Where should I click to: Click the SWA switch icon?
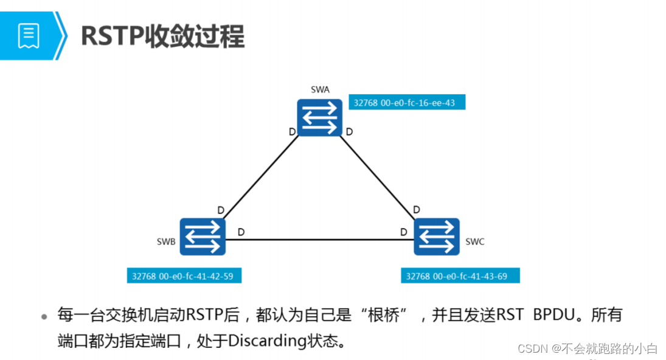coord(320,117)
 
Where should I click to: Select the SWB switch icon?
coord(203,236)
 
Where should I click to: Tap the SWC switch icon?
coord(437,236)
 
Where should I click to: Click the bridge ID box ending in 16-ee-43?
coord(406,103)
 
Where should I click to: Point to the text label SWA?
coord(320,89)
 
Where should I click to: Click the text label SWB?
coord(165,241)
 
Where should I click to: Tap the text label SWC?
coord(475,241)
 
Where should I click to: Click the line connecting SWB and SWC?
coord(319,238)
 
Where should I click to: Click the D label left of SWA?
coord(292,131)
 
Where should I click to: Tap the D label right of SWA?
coord(349,131)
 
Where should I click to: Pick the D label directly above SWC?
coord(417,210)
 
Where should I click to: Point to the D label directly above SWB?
coord(221,210)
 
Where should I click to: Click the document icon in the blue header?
coord(29,36)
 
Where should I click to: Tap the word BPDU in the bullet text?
coord(554,315)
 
